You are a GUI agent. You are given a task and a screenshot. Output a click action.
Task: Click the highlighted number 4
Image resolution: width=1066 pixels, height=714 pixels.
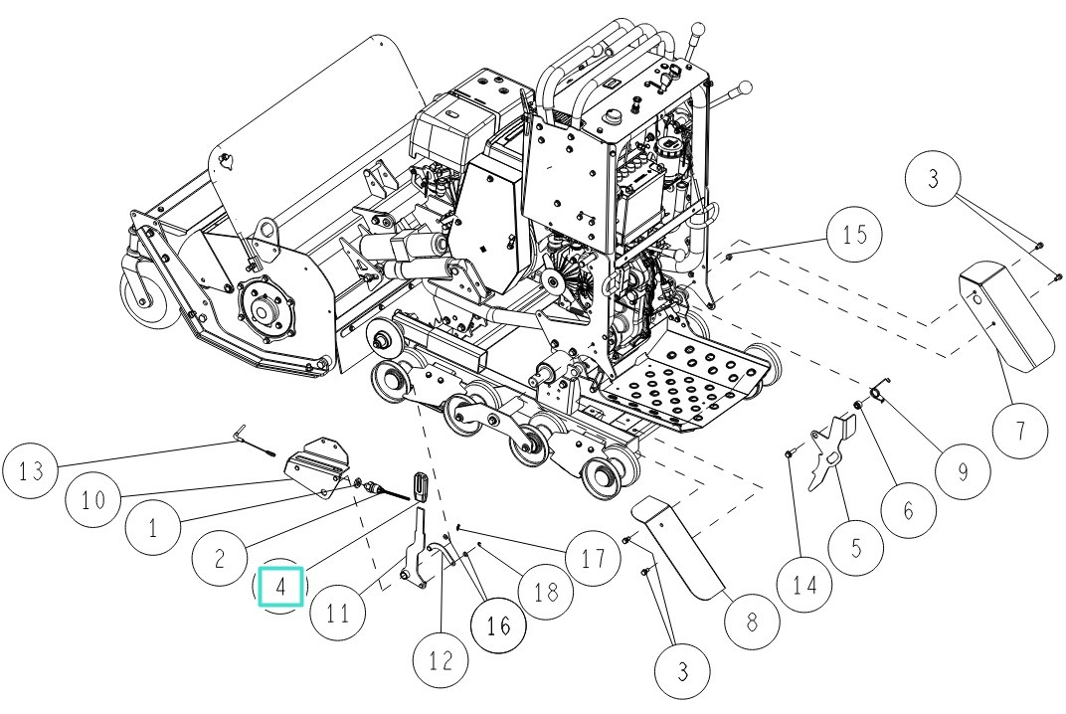[280, 586]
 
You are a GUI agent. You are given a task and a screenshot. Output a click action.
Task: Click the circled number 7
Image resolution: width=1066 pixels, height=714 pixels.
[1018, 432]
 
